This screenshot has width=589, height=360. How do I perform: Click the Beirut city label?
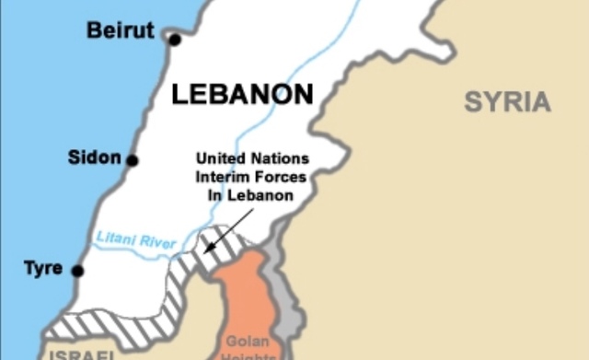tap(121, 30)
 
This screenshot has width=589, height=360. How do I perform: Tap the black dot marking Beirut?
tap(175, 39)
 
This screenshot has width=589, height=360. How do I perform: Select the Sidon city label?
tap(94, 157)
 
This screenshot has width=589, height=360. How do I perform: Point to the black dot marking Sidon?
tap(133, 160)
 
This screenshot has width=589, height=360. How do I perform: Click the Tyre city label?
tap(43, 268)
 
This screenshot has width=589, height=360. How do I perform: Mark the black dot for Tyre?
tap(77, 271)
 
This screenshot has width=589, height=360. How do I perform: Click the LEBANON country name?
tap(242, 94)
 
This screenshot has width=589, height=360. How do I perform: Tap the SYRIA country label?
tap(507, 101)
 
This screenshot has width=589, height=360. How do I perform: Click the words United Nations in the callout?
tap(252, 158)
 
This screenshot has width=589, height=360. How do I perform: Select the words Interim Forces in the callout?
tap(251, 177)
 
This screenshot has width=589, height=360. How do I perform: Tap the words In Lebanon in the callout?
tap(252, 195)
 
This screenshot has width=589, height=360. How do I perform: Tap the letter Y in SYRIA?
tap(489, 101)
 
